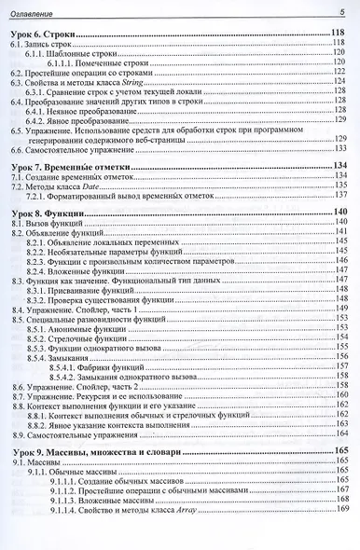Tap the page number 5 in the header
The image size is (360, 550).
(341, 9)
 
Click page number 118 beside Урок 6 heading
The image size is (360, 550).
(339, 34)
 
